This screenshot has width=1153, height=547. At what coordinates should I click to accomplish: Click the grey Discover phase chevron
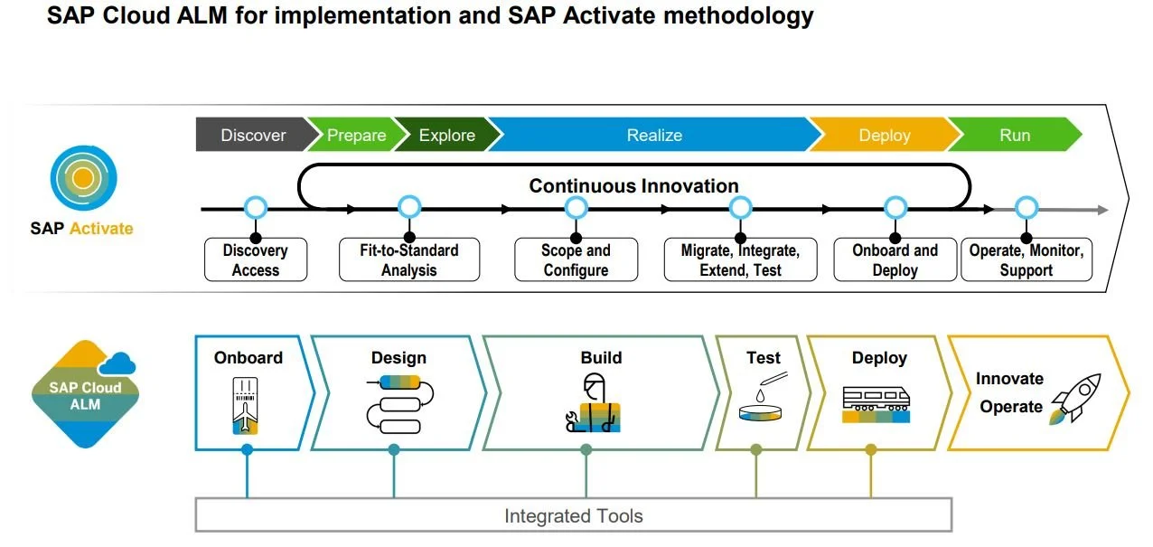pyautogui.click(x=251, y=136)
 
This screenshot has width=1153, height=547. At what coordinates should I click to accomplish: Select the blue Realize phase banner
pyautogui.click(x=653, y=136)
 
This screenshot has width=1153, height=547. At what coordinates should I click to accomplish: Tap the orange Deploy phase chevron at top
pyautogui.click(x=883, y=136)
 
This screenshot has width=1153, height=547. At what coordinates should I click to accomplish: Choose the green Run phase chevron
pyautogui.click(x=1014, y=136)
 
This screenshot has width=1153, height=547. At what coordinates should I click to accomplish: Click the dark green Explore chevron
pyautogui.click(x=445, y=136)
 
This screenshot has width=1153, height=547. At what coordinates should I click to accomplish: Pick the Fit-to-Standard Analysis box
pyautogui.click(x=408, y=260)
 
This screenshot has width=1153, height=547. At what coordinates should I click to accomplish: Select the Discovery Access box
pyautogui.click(x=255, y=260)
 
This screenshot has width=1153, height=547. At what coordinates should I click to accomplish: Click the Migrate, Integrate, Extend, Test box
pyautogui.click(x=739, y=260)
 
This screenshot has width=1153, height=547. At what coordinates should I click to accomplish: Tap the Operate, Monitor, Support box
pyautogui.click(x=1026, y=260)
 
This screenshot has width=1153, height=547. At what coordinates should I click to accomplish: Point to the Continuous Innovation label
pyautogui.click(x=633, y=186)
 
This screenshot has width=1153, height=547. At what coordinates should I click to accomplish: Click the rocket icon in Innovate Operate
pyautogui.click(x=1074, y=398)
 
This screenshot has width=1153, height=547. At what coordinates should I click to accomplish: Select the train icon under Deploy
pyautogui.click(x=875, y=404)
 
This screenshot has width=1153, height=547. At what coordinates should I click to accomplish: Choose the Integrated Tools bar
pyautogui.click(x=573, y=516)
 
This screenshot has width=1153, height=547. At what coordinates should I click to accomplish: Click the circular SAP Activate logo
pyautogui.click(x=82, y=178)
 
